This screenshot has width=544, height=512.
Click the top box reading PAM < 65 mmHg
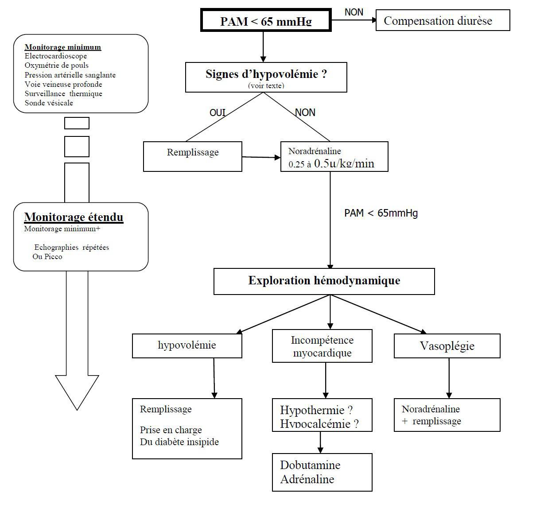(x=266, y=20)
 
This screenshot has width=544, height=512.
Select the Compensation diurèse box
(x=443, y=20)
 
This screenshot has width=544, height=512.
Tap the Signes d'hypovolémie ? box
(x=266, y=77)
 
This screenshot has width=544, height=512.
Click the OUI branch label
(x=217, y=112)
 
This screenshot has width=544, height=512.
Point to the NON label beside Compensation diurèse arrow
(x=354, y=12)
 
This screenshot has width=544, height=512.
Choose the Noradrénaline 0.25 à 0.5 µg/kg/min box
(x=334, y=156)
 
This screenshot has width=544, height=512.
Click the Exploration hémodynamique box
(x=324, y=281)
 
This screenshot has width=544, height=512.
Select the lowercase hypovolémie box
(x=187, y=346)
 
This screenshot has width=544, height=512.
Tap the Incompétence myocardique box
(x=322, y=346)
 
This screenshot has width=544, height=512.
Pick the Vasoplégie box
(x=447, y=346)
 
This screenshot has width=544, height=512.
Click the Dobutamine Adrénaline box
(x=322, y=472)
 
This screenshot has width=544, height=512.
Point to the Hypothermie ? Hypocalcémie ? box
(x=322, y=415)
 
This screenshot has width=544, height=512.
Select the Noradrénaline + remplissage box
(x=447, y=415)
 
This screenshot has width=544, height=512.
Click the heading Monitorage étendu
(x=74, y=217)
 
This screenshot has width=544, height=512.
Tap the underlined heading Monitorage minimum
(x=63, y=47)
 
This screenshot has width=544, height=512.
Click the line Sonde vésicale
(x=49, y=103)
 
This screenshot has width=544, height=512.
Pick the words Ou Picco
(x=47, y=257)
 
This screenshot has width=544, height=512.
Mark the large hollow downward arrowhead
(x=77, y=392)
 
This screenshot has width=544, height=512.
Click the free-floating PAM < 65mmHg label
(x=381, y=213)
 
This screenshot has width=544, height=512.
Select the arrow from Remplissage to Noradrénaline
(x=261, y=157)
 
